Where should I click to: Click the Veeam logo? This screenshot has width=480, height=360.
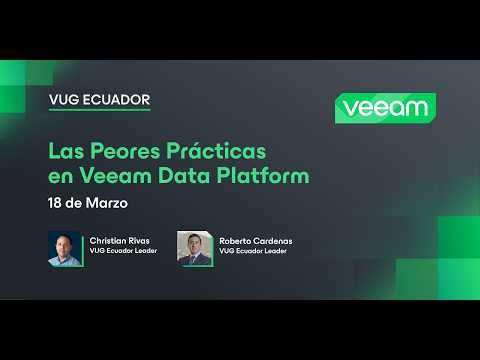384,108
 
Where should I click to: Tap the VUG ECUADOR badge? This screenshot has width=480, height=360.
99,100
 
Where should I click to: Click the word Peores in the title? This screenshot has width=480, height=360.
131,152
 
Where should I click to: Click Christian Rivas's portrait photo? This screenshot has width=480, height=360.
65,248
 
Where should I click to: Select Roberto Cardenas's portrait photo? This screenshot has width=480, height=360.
194,248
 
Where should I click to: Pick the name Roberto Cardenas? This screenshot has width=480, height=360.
254,242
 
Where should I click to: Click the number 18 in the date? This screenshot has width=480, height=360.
57,203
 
